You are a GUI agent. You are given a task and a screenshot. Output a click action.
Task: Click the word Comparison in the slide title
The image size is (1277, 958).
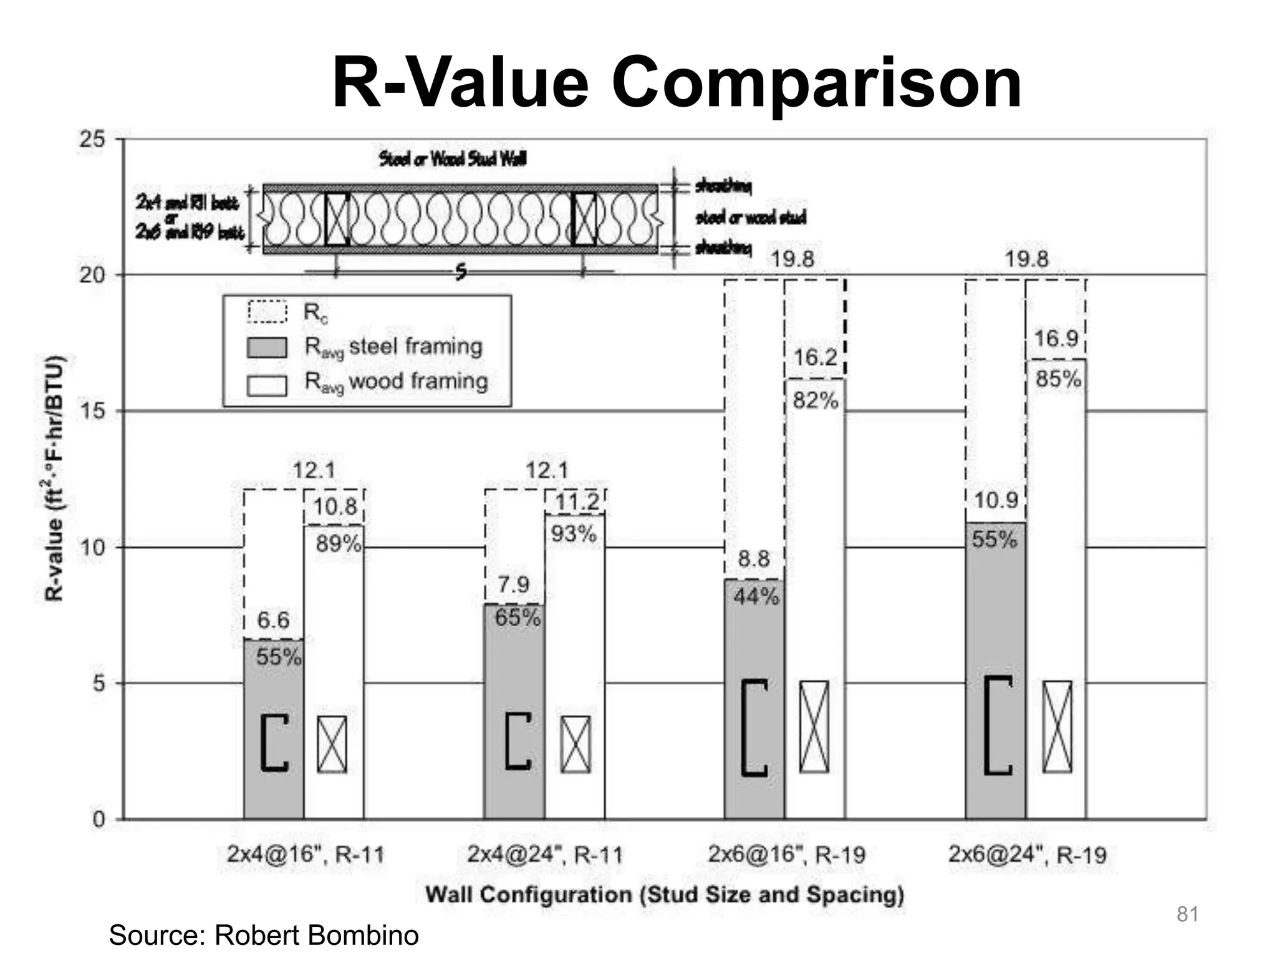(x=816, y=83)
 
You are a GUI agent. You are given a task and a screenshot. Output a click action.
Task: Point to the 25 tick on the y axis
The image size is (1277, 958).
(x=92, y=139)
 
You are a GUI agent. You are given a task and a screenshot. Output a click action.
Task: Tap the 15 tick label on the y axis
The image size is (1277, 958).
(x=92, y=411)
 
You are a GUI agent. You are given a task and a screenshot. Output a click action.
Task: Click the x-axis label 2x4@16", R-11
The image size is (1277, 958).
(x=306, y=854)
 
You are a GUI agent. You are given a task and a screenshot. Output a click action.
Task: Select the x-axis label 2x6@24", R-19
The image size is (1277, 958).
(x=1027, y=854)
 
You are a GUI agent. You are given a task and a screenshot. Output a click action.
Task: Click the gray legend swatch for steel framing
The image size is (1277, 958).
(x=267, y=348)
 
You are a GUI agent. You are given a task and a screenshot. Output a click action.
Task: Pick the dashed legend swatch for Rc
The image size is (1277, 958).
(x=267, y=312)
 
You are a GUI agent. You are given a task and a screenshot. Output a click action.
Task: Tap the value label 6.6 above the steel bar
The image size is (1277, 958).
(x=273, y=621)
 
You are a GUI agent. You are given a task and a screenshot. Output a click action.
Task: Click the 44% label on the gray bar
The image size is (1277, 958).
(x=756, y=598)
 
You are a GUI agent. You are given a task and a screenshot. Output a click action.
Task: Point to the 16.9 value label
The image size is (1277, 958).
(x=1056, y=339)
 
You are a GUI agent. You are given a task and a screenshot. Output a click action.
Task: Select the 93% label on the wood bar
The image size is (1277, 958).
(x=574, y=535)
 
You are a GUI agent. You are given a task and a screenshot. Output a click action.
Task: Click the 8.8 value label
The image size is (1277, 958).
(x=754, y=559)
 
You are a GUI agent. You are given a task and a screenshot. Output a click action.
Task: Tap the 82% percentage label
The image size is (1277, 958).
(x=816, y=401)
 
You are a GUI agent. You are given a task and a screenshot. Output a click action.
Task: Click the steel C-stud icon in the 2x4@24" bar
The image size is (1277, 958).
(x=517, y=741)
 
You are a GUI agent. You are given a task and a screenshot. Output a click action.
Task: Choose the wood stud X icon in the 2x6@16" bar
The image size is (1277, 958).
(x=814, y=727)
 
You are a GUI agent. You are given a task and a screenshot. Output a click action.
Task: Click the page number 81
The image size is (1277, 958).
(x=1187, y=914)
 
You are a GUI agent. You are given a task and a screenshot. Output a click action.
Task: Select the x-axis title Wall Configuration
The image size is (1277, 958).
(x=665, y=895)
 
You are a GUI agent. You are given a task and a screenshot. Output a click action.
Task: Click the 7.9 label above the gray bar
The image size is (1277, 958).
(x=513, y=585)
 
